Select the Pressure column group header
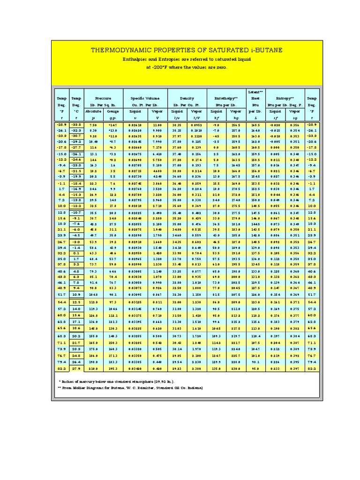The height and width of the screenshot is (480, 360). click(104, 99)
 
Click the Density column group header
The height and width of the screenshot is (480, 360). click(187, 99)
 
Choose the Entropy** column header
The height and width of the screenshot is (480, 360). click(286, 99)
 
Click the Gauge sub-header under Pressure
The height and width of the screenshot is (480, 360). click(113, 112)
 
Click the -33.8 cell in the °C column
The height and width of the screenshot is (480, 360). click(76, 125)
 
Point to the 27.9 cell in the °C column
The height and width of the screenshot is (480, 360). click(76, 369)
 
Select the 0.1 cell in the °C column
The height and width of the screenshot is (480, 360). click(76, 252)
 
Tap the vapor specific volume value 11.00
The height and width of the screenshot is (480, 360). click(157, 125)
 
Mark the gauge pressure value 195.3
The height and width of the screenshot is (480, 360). click(113, 369)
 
